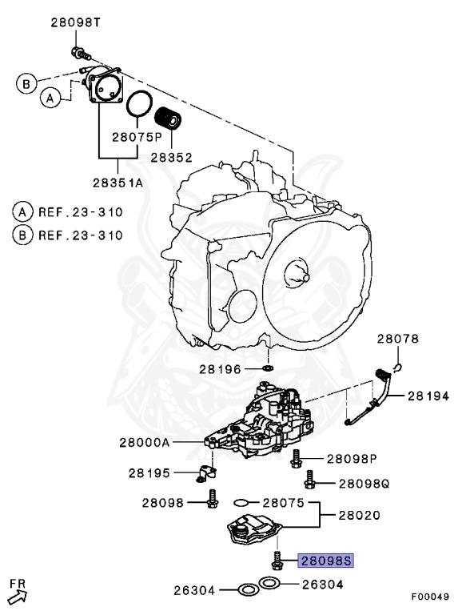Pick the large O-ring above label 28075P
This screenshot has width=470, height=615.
pos(139,104)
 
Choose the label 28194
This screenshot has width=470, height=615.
pos(432,396)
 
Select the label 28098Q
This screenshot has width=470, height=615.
pos(364,484)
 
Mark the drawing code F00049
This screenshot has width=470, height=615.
pos(431,597)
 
